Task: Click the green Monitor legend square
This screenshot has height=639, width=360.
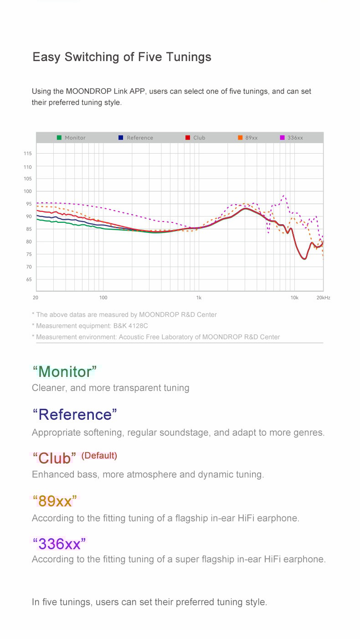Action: click(x=59, y=138)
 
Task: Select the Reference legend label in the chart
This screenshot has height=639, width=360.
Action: click(x=140, y=138)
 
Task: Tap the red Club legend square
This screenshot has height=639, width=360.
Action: click(x=188, y=138)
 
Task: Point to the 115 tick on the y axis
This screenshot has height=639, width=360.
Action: click(x=28, y=154)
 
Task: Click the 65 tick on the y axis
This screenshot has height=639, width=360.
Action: click(x=29, y=279)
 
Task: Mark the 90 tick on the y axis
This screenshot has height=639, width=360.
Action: click(x=29, y=216)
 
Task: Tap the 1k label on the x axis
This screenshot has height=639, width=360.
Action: click(x=199, y=298)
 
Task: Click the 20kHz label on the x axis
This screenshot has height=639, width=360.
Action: click(x=323, y=298)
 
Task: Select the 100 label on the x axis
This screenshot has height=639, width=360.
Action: click(x=103, y=298)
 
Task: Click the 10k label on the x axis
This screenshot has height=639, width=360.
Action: click(x=294, y=298)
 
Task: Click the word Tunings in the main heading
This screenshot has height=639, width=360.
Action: click(x=188, y=57)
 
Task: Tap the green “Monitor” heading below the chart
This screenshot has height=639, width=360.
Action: click(x=65, y=372)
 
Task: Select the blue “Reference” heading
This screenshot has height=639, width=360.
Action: click(x=75, y=415)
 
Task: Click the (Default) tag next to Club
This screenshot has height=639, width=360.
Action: click(x=99, y=455)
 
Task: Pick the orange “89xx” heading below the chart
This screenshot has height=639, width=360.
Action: click(x=55, y=501)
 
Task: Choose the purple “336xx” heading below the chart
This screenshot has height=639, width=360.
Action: click(x=59, y=544)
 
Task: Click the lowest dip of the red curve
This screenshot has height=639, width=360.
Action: click(x=304, y=259)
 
